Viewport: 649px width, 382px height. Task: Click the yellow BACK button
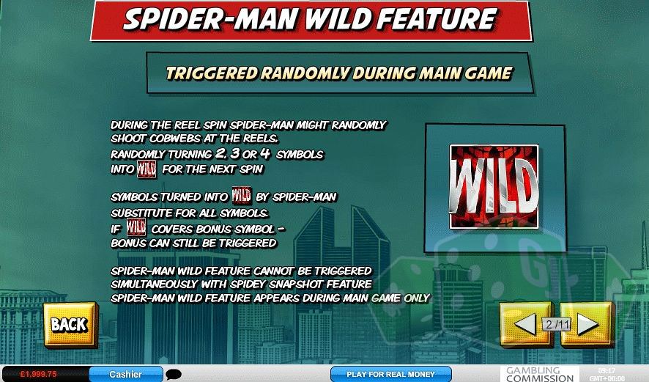(70, 325)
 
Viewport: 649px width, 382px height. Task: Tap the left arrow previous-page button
(526, 324)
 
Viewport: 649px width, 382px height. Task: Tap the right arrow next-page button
(587, 324)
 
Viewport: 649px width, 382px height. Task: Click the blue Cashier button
(126, 374)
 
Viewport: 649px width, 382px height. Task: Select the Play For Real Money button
(390, 374)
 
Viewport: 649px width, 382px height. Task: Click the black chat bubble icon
(174, 375)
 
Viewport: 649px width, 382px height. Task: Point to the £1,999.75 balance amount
(39, 374)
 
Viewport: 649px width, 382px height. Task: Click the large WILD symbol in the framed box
(494, 186)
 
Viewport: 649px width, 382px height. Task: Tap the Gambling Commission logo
(540, 374)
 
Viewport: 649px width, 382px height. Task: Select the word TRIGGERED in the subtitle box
(212, 73)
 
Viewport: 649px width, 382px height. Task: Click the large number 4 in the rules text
(265, 154)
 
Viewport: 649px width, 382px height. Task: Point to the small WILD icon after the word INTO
(147, 169)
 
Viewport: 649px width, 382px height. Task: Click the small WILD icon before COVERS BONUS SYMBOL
(136, 227)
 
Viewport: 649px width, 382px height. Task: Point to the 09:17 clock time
(607, 371)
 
